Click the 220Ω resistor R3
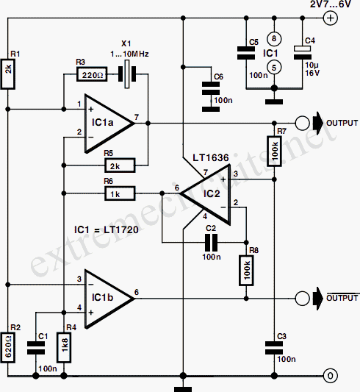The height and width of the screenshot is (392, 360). pyautogui.click(x=92, y=74)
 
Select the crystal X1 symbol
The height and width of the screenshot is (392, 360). pyautogui.click(x=127, y=74)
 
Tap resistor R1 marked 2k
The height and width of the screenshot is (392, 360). pyautogui.click(x=8, y=74)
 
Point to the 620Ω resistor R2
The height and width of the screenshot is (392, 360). pyautogui.click(x=8, y=347)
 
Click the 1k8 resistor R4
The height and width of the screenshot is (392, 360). pyautogui.click(x=64, y=347)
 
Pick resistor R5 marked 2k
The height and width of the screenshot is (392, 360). pyautogui.click(x=120, y=165)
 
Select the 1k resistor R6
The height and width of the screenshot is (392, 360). pyautogui.click(x=120, y=193)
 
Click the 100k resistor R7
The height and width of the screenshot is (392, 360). pyautogui.click(x=274, y=151)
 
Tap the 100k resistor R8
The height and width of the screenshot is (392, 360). pyautogui.click(x=246, y=270)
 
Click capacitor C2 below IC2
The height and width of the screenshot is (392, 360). pyautogui.click(x=211, y=242)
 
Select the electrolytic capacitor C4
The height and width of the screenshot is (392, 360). pyautogui.click(x=303, y=52)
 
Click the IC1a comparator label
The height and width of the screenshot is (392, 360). pyautogui.click(x=102, y=123)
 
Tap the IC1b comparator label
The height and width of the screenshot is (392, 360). pyautogui.click(x=102, y=298)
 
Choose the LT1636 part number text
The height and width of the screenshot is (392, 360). pyautogui.click(x=211, y=157)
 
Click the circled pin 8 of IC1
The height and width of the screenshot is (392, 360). pyautogui.click(x=274, y=39)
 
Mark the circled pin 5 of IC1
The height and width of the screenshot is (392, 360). pyautogui.click(x=274, y=68)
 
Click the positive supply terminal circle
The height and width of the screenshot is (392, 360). pyautogui.click(x=331, y=18)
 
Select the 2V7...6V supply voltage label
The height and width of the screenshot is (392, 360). pyautogui.click(x=331, y=4)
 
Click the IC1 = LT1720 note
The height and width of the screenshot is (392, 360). pyautogui.click(x=107, y=229)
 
